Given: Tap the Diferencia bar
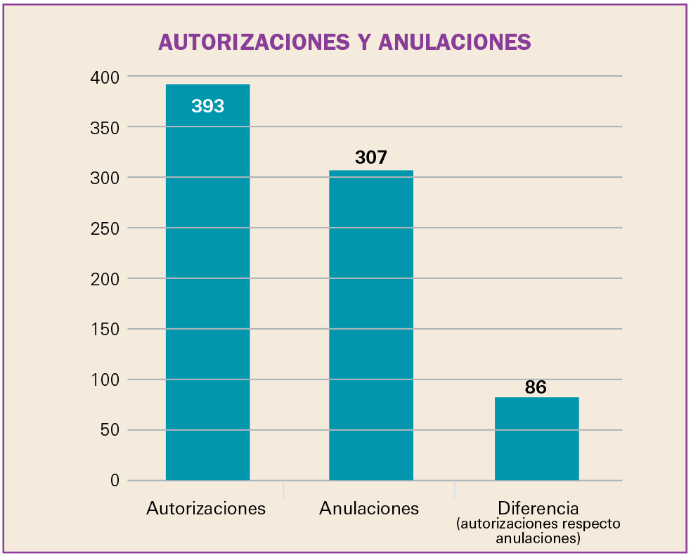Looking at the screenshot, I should pos(536,439).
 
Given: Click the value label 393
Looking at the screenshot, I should pos(207,106).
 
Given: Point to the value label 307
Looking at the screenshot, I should pos(371,157).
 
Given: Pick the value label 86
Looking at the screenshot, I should pos(536,387).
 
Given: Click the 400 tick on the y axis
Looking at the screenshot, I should pos(105,77).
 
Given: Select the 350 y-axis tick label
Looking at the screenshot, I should pos(105,127).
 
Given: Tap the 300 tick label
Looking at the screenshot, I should pos(105,178).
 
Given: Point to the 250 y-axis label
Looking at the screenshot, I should pos(105,228).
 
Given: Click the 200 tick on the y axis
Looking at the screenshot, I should pos(105,279).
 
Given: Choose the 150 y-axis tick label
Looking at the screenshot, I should pos(105,330).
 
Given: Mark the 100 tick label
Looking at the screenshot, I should pos(105,380).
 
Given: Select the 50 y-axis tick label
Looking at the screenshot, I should pos(109,431).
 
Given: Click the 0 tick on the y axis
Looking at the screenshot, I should pos(114,481).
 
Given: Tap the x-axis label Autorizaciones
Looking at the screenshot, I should pos(206,508).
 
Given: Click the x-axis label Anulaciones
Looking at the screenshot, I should pos(369,508).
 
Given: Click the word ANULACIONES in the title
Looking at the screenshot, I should pos(454,42).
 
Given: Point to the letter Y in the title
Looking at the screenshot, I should pos(363,42).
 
